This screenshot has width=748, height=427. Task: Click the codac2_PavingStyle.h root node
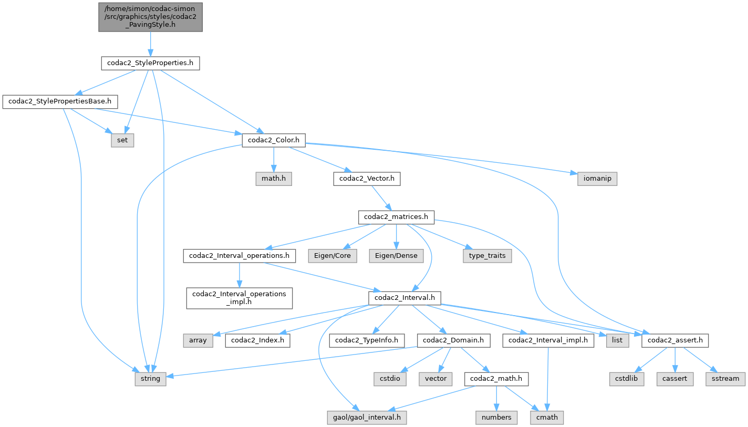pyautogui.click(x=150, y=17)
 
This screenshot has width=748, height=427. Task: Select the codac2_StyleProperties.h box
pyautogui.click(x=150, y=64)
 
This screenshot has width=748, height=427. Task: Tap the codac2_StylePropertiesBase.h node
pyautogui.click(x=60, y=101)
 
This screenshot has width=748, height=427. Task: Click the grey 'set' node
pyautogui.click(x=122, y=140)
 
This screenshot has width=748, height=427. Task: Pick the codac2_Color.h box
pyautogui.click(x=273, y=140)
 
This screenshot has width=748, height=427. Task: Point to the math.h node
pyautogui.click(x=273, y=179)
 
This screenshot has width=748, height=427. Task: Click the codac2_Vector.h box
pyautogui.click(x=367, y=179)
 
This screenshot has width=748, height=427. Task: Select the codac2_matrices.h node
pyautogui.click(x=396, y=216)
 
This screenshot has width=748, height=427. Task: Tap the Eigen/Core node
pyautogui.click(x=333, y=256)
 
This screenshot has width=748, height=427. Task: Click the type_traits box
pyautogui.click(x=487, y=256)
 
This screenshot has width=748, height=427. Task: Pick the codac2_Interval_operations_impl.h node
pyautogui.click(x=239, y=297)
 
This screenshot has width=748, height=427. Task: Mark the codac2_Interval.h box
pyautogui.click(x=404, y=298)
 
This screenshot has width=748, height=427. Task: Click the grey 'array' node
pyautogui.click(x=198, y=340)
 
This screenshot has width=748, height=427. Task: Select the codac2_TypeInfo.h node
pyautogui.click(x=367, y=340)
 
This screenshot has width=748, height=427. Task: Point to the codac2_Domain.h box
pyautogui.click(x=453, y=340)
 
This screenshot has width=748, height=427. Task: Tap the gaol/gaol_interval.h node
pyautogui.click(x=366, y=418)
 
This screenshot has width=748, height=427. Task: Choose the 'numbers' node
pyautogui.click(x=496, y=418)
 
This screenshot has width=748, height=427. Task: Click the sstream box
pyautogui.click(x=725, y=378)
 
